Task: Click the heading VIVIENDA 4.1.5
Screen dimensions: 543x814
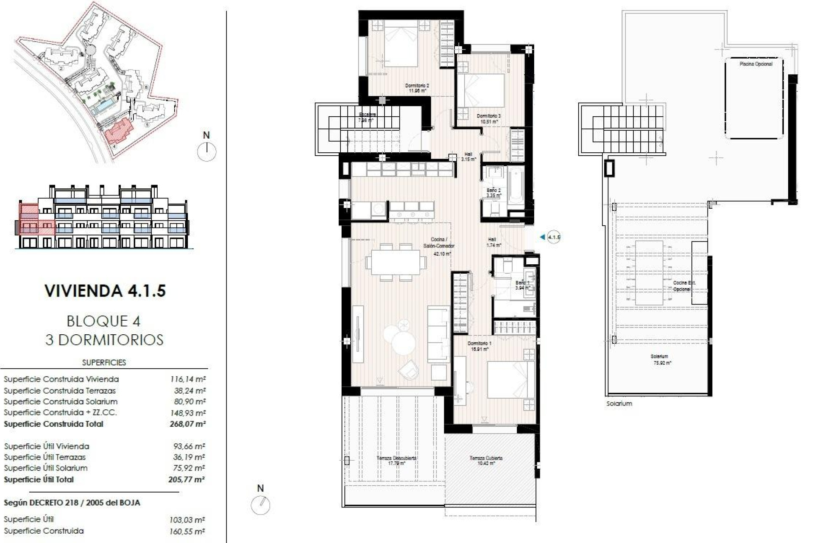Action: tap(105, 291)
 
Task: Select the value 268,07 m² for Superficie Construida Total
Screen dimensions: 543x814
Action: tap(187, 424)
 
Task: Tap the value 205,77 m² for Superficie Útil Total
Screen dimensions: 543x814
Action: tap(187, 480)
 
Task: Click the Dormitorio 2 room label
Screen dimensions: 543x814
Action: tap(417, 88)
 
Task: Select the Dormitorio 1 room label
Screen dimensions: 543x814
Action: tap(479, 346)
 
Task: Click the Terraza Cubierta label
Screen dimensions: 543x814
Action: tap(486, 461)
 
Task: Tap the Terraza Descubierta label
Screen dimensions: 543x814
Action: tap(396, 461)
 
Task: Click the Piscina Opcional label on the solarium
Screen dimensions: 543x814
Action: tap(755, 64)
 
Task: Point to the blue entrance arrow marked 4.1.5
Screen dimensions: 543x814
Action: tap(542, 237)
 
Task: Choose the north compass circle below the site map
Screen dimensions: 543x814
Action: tap(207, 151)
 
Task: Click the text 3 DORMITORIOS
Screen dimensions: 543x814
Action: tap(104, 340)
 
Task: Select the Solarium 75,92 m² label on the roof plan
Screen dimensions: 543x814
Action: tap(661, 360)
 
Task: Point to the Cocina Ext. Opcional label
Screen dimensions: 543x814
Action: tap(684, 286)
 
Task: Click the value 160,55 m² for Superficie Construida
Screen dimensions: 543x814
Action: tap(187, 531)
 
